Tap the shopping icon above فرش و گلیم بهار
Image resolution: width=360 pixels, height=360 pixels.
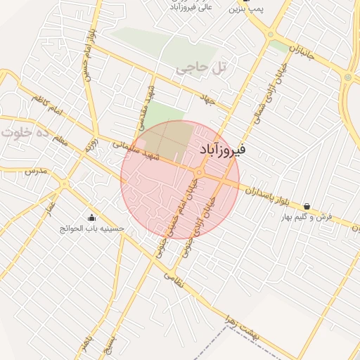point(307,206)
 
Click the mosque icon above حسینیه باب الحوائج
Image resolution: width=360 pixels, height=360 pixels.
point(91,217)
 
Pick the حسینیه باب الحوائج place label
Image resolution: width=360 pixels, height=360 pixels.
point(91,229)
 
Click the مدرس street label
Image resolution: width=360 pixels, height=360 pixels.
point(34,171)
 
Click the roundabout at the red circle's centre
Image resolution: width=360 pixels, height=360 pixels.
point(200,172)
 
